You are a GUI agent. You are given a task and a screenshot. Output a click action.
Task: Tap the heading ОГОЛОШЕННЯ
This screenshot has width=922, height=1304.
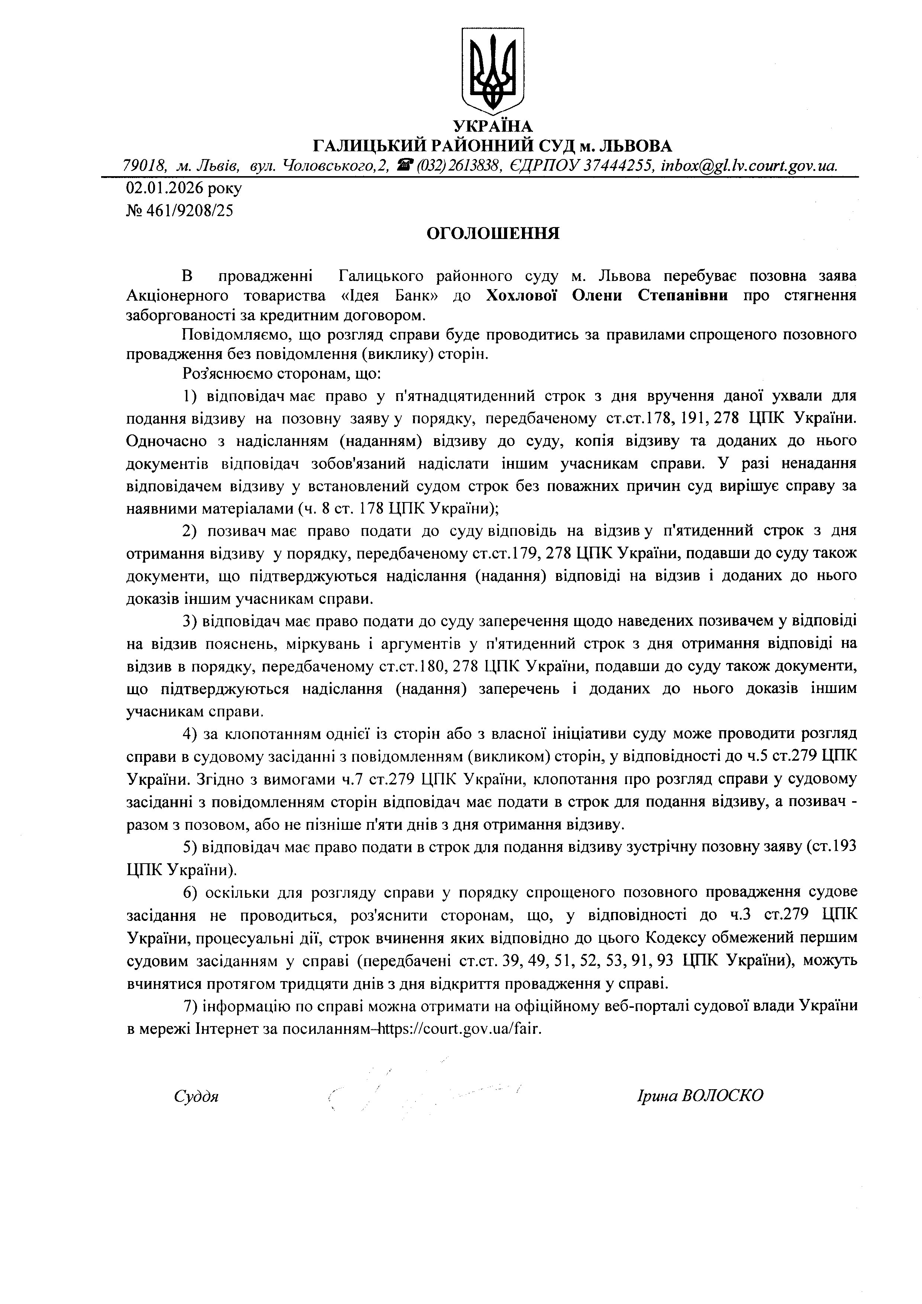(x=493, y=233)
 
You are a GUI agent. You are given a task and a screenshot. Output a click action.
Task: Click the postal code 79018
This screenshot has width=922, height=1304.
(x=144, y=165)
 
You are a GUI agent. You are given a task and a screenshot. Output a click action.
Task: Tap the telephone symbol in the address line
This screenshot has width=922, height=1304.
(x=404, y=165)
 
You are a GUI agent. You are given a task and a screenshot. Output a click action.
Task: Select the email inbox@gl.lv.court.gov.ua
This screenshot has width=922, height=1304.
(x=749, y=165)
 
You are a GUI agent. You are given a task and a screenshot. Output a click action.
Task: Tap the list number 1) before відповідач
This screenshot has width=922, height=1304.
(x=190, y=396)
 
